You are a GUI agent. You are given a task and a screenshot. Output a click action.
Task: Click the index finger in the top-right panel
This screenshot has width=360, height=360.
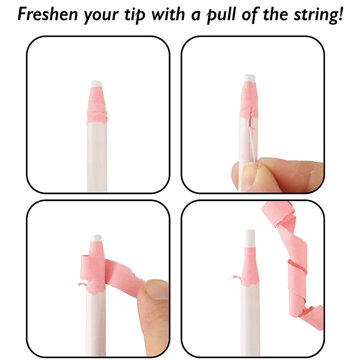pyautogui.click(x=288, y=169)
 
